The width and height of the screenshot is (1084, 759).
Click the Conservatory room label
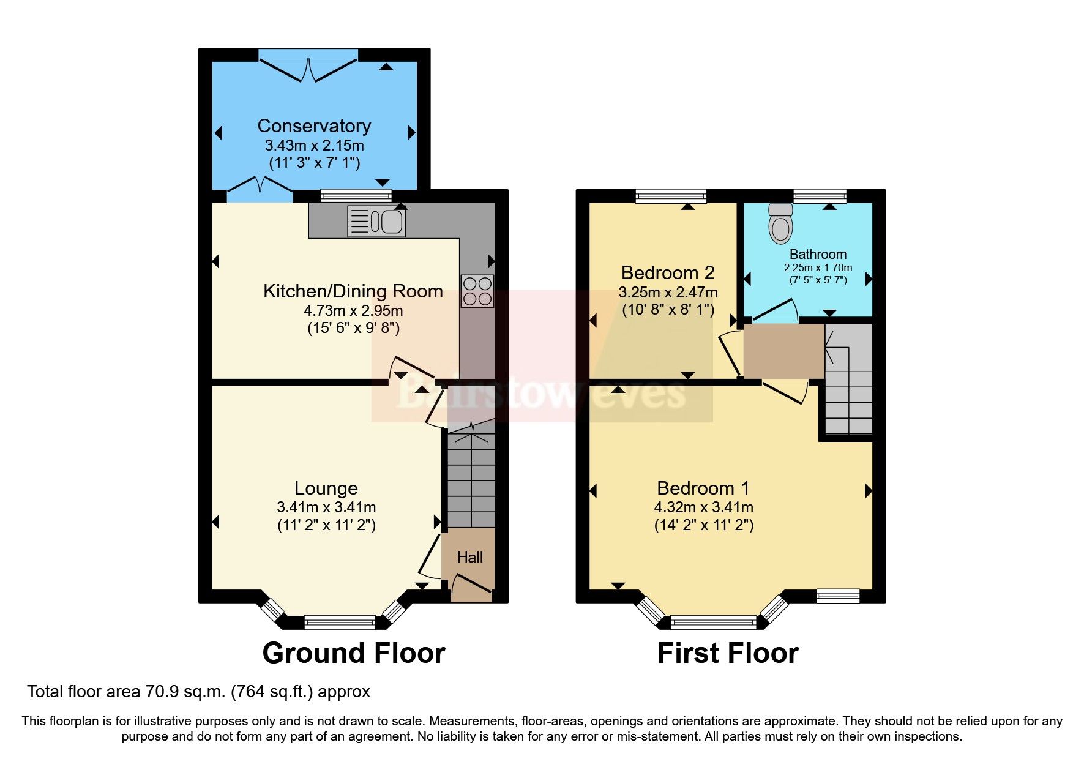(314, 126)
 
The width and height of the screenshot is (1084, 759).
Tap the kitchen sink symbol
(376, 221)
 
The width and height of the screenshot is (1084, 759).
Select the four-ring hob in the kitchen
(477, 291)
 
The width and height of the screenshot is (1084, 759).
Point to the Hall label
(469, 557)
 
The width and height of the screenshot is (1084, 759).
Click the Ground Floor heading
(353, 653)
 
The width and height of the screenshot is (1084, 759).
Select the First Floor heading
(727, 653)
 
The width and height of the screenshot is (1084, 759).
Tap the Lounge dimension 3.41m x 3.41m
(326, 507)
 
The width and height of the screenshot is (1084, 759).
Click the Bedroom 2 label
(667, 272)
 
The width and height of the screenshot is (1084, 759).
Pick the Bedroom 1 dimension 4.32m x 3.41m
(703, 507)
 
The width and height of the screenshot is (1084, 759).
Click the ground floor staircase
(471, 480)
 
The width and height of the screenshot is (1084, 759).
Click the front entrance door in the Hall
(472, 585)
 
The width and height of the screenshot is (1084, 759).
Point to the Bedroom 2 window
(671, 196)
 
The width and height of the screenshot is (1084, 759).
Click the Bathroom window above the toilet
(820, 196)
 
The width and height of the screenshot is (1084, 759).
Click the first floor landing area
(783, 351)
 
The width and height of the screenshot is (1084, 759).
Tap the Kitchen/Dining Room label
(353, 291)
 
